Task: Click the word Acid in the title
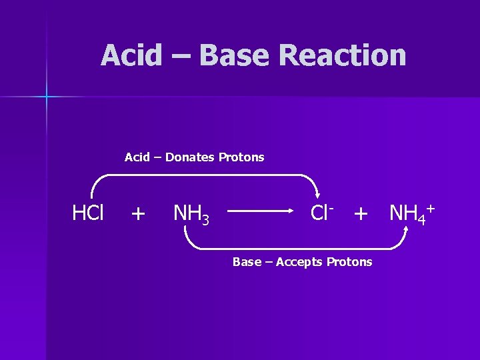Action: (x=131, y=55)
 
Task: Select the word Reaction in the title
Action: (x=343, y=55)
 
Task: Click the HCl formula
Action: (x=88, y=213)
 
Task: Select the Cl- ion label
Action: (x=323, y=213)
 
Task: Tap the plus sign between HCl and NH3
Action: (x=138, y=214)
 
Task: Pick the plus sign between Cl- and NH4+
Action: (x=361, y=214)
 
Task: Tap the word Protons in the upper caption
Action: (x=241, y=157)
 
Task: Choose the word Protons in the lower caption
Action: (x=349, y=262)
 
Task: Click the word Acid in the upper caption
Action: (x=137, y=157)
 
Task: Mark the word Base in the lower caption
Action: (x=247, y=262)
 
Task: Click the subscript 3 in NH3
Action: (x=205, y=219)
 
